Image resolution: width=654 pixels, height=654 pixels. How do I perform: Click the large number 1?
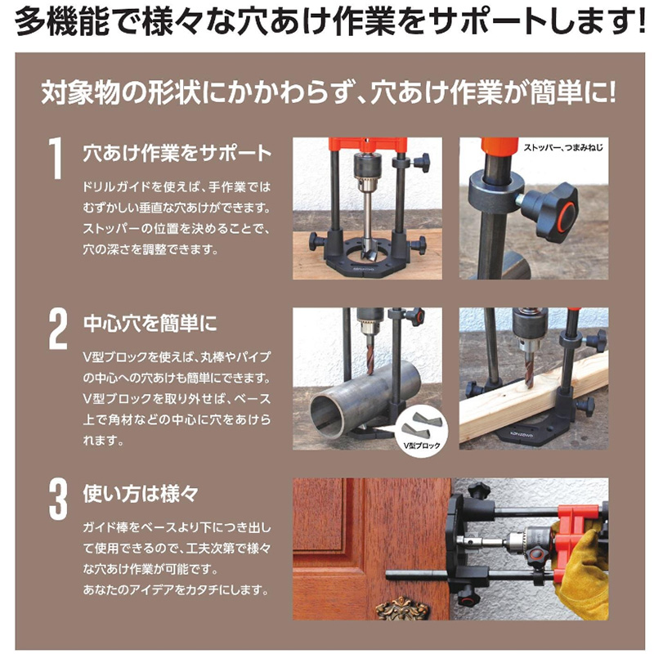coord(56,159)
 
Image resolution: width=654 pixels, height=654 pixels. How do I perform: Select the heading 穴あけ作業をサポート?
coord(177,153)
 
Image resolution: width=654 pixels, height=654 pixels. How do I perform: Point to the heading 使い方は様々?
coord(141,493)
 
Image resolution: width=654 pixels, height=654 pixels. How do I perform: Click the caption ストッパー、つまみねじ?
coord(562,149)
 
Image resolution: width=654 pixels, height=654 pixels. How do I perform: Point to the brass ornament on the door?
coord(401,608)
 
